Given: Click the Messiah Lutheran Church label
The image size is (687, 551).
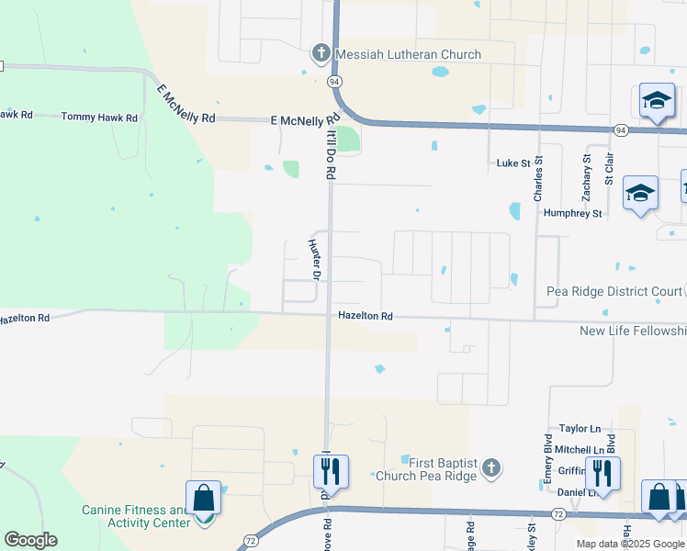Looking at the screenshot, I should pos(408,54).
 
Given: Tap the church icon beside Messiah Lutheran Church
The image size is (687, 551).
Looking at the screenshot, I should pos(321,53).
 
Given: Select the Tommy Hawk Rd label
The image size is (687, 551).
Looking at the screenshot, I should pos(99,118).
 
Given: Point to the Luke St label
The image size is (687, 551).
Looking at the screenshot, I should pos(513,163).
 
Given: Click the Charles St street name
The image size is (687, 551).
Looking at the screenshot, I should pos(539,177).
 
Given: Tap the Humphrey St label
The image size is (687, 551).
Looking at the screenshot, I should pos(572,213).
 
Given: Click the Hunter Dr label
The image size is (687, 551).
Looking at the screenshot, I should pos(315,260).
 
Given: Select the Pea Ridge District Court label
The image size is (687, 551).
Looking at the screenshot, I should pos(614,291).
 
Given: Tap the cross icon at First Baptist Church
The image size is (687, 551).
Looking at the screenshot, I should pos(491,468).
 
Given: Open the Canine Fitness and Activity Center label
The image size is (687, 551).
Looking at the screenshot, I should pos(135,516).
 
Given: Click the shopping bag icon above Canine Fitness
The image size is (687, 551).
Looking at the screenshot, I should pos(203,499).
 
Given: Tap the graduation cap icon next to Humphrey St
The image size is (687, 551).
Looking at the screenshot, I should pos(640,193).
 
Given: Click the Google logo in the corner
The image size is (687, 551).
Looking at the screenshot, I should pos(30,540).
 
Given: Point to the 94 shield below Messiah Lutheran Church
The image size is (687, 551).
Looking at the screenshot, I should pos(334,82).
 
